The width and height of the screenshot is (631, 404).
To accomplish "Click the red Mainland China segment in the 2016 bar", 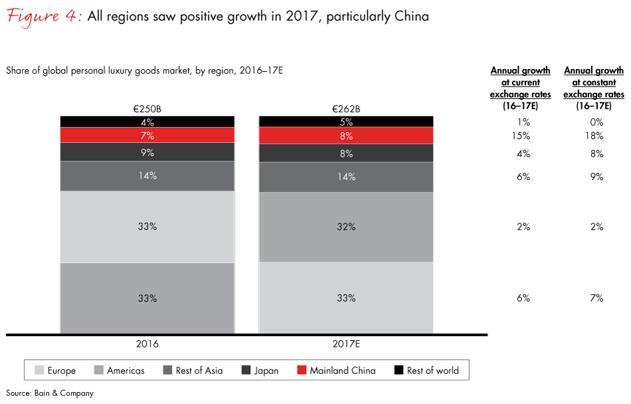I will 147,136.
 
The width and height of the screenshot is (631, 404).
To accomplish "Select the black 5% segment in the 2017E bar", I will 345,122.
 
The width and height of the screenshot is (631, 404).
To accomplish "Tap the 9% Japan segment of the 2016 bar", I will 147,152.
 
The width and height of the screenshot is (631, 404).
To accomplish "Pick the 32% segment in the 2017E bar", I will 345,227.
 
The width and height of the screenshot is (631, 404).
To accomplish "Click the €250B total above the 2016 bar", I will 147,109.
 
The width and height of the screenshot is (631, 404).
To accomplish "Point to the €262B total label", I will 345,109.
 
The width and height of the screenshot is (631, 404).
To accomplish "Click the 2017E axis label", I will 345,344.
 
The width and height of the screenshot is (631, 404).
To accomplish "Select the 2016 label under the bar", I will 147,344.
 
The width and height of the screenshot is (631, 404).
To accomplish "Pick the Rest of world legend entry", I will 426,371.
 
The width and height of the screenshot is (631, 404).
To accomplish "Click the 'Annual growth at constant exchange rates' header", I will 594,82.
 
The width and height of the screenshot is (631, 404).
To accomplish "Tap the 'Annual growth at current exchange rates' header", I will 521,82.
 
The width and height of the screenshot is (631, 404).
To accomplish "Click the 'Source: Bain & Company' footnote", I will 50,393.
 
